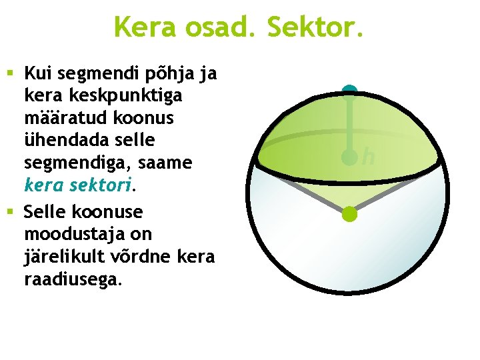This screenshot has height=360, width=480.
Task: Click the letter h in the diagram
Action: [368, 157]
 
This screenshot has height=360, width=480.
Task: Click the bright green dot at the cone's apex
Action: [349, 214]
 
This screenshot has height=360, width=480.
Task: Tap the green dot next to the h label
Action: [349, 157]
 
